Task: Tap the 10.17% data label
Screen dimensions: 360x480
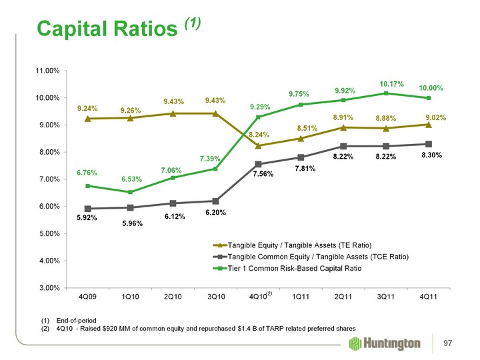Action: (392, 84)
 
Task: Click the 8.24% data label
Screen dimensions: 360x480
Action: (259, 135)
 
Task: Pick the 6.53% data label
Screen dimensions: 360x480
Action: (132, 179)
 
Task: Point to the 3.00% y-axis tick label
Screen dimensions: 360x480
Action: (49, 287)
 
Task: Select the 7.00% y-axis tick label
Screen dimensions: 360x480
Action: (49, 179)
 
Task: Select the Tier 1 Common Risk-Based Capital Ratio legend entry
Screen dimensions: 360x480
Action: (294, 269)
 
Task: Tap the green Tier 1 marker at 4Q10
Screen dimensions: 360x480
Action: (259, 117)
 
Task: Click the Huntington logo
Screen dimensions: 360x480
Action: (385, 343)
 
